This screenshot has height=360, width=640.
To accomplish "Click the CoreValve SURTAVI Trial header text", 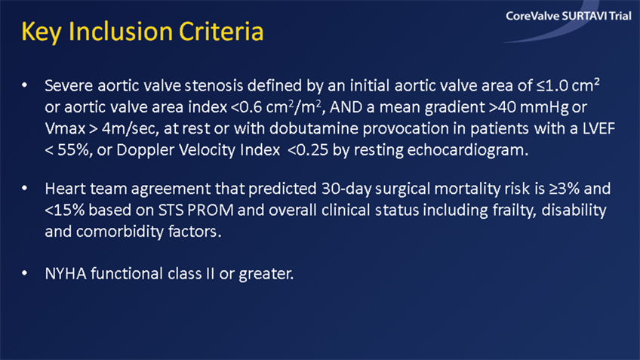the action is point(568,16).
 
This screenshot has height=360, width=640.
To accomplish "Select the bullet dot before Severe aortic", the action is point(25,85).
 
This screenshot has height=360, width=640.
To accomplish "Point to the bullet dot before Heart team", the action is point(25,188).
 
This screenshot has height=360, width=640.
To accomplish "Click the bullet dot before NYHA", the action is point(25,273).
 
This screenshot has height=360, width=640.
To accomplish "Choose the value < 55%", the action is point(67,149).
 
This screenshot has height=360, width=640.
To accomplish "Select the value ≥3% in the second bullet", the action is point(564,189).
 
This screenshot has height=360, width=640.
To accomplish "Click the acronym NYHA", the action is point(66,273).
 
